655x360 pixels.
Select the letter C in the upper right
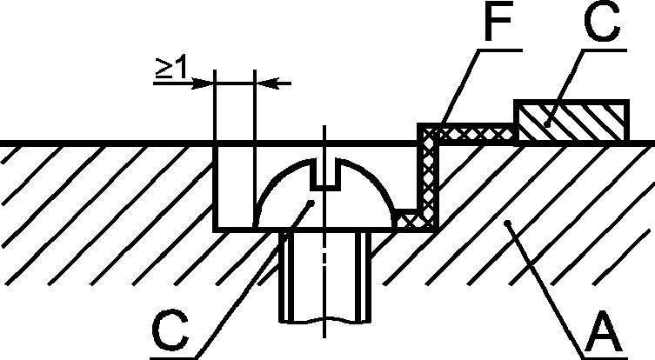coord(602,23)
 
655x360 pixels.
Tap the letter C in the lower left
coord(170,331)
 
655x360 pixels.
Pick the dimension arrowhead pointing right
coord(203,83)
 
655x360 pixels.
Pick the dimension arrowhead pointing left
coord(266,83)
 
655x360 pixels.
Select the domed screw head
coord(324,193)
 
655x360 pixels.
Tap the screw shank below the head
coord(324,276)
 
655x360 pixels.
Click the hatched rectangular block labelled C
coord(571,121)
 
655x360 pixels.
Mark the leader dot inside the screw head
coord(311,203)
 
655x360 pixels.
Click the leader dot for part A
coord(507,223)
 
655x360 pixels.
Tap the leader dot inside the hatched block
coord(547,124)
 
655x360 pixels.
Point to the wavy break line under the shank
coord(324,321)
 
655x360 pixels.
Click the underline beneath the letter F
coord(500,50)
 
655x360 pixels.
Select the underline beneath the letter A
coord(605,358)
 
